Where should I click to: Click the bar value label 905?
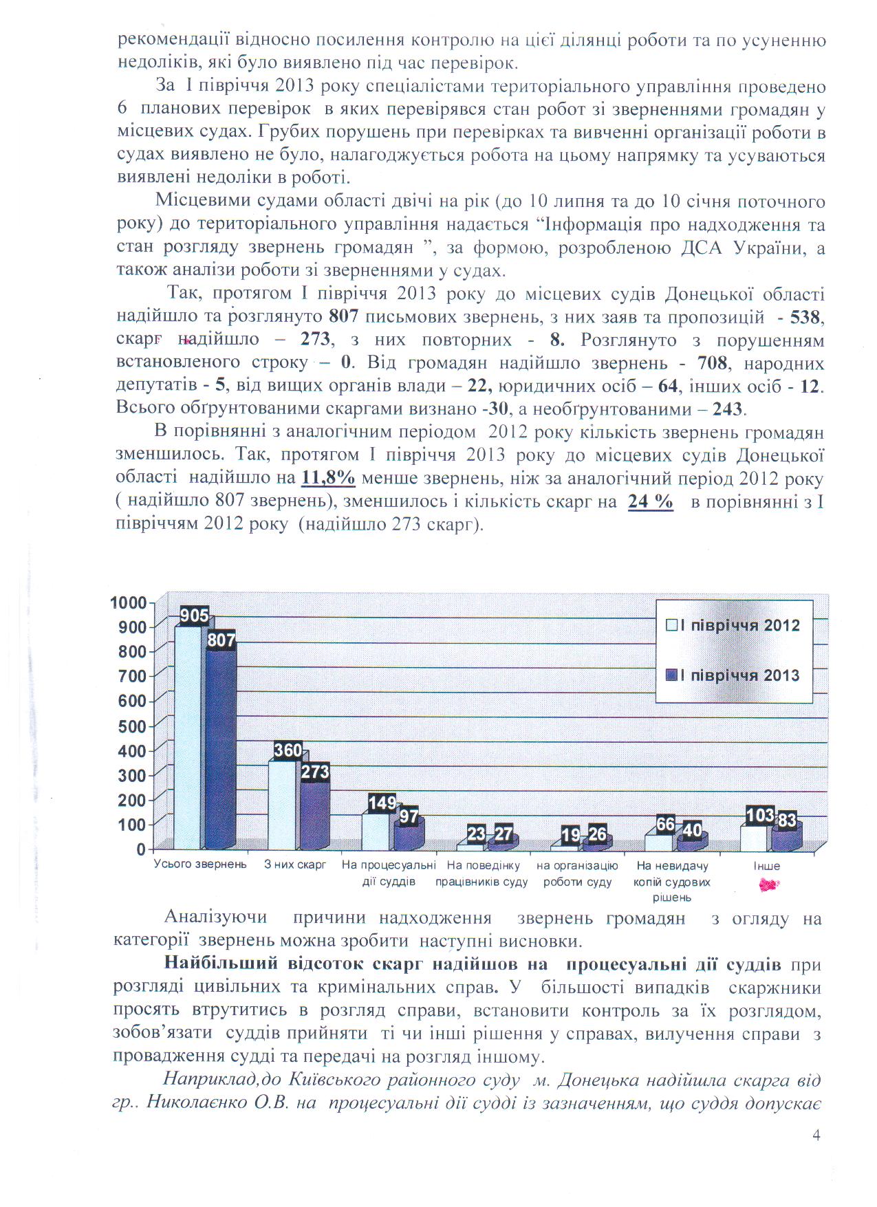[194, 616]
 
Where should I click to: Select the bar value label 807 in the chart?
[221, 641]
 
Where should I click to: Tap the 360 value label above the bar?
[288, 750]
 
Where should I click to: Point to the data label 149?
[382, 803]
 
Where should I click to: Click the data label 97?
[409, 816]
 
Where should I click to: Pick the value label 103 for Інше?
[760, 816]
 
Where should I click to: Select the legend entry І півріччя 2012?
[734, 625]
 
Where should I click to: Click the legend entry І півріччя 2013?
[734, 675]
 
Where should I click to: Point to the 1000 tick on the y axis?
[129, 603]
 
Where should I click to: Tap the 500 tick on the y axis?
[133, 726]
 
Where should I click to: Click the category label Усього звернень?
[199, 865]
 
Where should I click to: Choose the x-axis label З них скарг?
[295, 865]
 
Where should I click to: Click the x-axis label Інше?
[766, 866]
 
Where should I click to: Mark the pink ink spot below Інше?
[768, 886]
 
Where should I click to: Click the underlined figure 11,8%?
[328, 478]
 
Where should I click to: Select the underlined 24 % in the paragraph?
[650, 501]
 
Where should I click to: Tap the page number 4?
[816, 1135]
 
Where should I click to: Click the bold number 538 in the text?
[806, 317]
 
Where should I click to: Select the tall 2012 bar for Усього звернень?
[188, 736]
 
